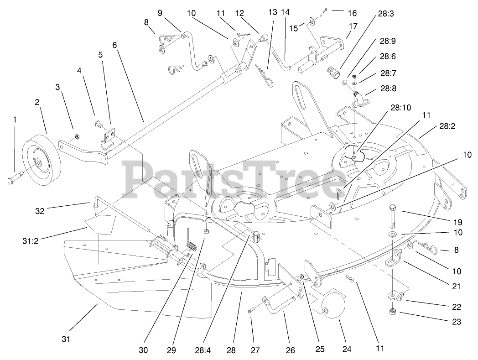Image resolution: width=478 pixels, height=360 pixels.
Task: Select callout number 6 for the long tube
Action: point(114,45)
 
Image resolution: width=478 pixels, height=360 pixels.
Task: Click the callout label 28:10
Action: point(400,108)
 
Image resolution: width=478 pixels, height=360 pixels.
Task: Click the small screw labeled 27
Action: point(250,311)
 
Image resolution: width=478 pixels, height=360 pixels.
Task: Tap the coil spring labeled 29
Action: point(192,246)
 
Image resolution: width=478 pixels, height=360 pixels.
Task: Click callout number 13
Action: point(273,12)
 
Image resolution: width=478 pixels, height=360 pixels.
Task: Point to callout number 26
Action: point(291,350)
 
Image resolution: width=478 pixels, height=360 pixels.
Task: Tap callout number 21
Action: point(456,287)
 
